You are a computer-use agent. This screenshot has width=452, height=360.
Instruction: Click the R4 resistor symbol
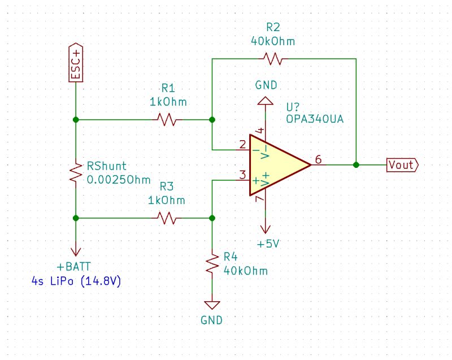click(212, 264)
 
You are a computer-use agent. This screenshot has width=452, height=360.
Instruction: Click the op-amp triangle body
click(277, 165)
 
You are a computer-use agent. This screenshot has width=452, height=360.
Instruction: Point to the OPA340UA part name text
click(316, 120)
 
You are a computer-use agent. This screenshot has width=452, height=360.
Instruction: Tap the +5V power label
click(268, 244)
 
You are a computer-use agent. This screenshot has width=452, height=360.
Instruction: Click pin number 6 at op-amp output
click(319, 160)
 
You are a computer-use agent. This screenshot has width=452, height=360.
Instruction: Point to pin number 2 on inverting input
click(242, 145)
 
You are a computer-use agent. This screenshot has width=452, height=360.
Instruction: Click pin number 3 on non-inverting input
click(242, 175)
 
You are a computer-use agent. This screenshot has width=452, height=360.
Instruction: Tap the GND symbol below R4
click(212, 306)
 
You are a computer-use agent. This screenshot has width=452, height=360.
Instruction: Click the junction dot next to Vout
click(356, 165)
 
